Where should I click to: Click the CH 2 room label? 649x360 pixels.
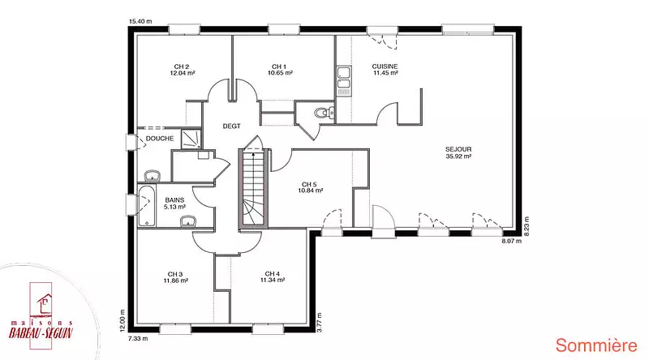[182, 70]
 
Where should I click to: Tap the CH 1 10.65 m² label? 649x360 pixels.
[280, 70]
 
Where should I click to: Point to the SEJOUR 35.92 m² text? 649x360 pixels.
[458, 152]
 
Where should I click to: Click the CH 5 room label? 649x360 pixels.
[310, 187]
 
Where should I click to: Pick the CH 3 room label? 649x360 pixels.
[175, 277]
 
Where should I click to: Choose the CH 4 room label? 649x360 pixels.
[273, 276]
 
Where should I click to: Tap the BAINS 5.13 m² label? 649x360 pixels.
[174, 204]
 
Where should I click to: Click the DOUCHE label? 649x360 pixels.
[160, 139]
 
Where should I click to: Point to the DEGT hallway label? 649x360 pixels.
[231, 126]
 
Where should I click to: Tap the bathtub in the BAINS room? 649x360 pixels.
[147, 207]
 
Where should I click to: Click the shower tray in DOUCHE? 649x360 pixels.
[191, 139]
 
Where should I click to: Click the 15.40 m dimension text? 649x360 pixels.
[140, 22]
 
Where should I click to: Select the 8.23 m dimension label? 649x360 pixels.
[527, 225]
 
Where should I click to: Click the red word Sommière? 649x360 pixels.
[596, 345]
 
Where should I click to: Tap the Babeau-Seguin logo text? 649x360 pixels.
[41, 330]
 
